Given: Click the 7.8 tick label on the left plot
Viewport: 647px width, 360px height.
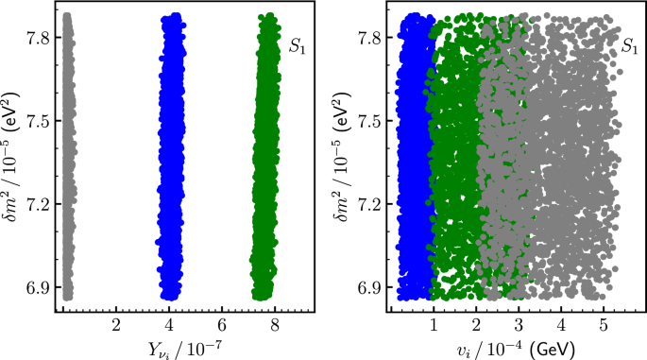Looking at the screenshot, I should click(43, 38).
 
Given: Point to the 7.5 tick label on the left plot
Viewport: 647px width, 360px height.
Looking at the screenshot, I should click(43, 121).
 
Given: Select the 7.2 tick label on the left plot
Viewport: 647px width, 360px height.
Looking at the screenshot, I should click(43, 204).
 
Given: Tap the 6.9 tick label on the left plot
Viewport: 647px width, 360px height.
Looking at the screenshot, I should click(43, 287).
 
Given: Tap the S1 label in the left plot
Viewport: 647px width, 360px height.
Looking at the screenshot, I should click(296, 43).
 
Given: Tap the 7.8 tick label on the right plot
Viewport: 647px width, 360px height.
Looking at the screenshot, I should click(370, 38).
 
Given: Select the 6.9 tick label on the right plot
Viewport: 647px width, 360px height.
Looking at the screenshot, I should click(370, 287).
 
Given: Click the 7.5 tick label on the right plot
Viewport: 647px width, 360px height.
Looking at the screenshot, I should click(370, 121).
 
